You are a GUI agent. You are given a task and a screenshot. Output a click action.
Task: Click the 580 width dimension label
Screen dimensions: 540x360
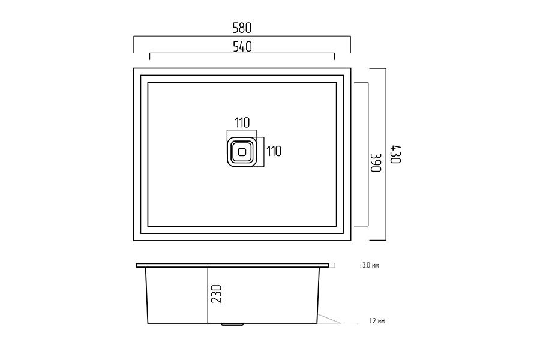click(x=242, y=28)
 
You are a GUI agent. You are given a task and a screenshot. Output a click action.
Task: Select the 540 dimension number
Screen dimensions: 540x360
click(x=242, y=47)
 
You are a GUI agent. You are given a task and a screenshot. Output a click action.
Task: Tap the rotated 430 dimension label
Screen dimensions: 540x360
click(x=395, y=155)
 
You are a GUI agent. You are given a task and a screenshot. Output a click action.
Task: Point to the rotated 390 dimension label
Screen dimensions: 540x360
click(x=376, y=162)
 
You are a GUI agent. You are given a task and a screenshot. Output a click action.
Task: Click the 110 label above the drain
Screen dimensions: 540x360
click(x=242, y=122)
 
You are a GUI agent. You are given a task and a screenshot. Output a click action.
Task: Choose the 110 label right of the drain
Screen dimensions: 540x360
click(x=274, y=151)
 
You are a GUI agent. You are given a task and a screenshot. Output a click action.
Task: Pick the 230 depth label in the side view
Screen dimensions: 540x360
click(x=216, y=294)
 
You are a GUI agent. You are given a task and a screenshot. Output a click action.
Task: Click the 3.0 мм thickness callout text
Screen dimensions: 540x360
click(x=371, y=265)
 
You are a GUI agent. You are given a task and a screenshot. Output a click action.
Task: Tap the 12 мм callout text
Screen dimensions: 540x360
click(x=377, y=321)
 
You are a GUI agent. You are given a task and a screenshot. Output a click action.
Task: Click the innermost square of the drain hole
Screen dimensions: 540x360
click(x=242, y=152)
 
